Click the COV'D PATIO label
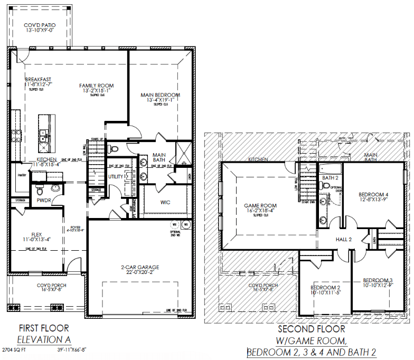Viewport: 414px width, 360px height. click(40, 25)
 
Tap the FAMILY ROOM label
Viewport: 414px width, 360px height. click(97, 86)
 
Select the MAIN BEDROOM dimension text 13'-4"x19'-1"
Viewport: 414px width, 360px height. click(160, 100)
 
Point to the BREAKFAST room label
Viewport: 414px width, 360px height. click(38, 80)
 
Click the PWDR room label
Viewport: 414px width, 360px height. click(44, 201)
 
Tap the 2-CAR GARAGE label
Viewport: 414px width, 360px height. click(139, 267)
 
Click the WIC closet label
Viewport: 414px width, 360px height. click(165, 202)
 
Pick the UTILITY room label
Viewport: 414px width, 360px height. click(116, 176)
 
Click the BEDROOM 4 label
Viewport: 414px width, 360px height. click(373, 194)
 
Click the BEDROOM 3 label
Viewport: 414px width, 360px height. click(378, 280)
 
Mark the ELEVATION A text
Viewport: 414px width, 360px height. click(44, 339)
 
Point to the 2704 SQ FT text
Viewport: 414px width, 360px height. click(17, 349)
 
